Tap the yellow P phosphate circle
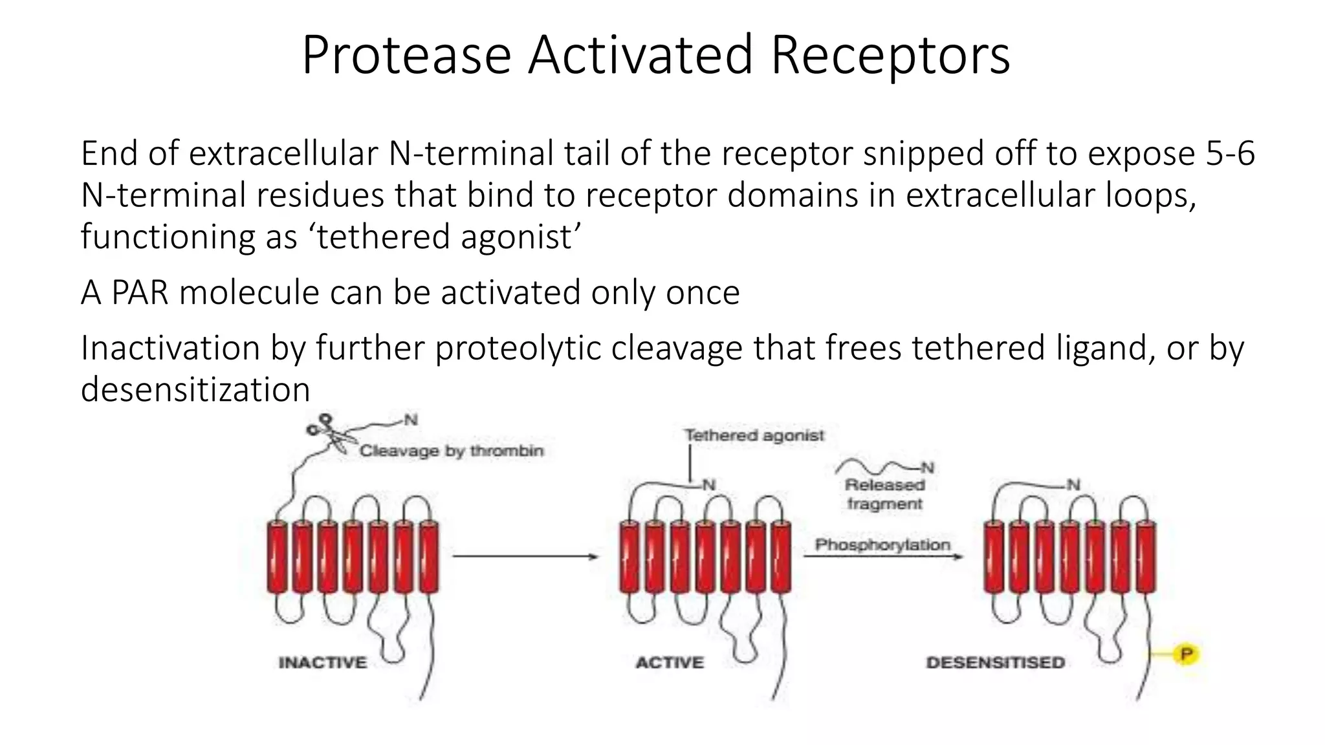(1187, 654)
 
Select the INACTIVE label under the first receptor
(322, 663)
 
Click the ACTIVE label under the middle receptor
(670, 663)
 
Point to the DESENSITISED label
(996, 663)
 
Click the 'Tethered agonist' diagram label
(754, 435)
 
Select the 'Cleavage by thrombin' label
(452, 451)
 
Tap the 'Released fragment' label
(884, 494)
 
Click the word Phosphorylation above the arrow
(882, 545)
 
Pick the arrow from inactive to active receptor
(524, 556)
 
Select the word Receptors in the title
(890, 56)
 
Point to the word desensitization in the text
(195, 389)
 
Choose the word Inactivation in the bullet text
(170, 348)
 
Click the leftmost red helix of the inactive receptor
(277, 557)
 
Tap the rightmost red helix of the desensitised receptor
(1146, 557)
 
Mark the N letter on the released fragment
(928, 468)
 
